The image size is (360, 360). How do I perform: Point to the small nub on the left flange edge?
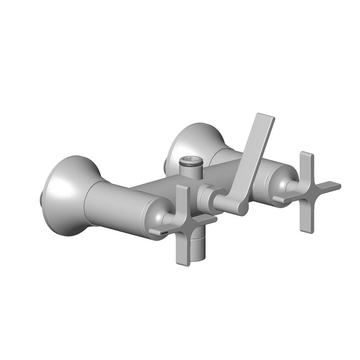43,196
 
